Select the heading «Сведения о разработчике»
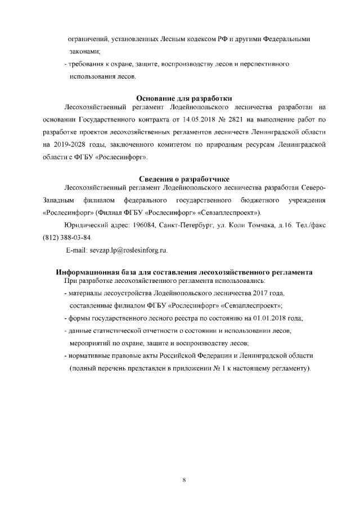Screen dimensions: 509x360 184,179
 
